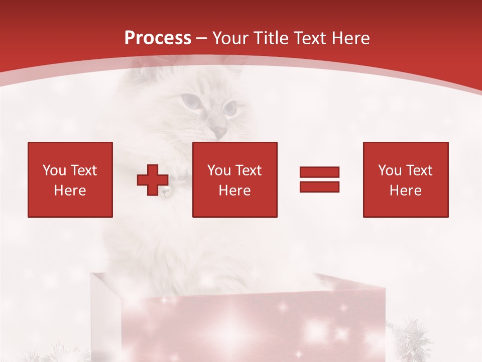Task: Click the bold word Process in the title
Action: pos(158,38)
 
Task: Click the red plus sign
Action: pos(153,179)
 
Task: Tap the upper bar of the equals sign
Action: pos(319,172)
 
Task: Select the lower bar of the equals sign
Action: pos(319,187)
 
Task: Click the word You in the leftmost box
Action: pos(54,170)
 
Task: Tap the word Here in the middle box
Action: pos(234,191)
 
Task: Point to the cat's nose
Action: pos(218,131)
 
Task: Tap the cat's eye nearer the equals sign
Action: pos(230,107)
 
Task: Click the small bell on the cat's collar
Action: pos(165,191)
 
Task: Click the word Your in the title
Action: pos(230,38)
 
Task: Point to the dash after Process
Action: pos(201,38)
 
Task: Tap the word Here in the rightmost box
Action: pos(405,191)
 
